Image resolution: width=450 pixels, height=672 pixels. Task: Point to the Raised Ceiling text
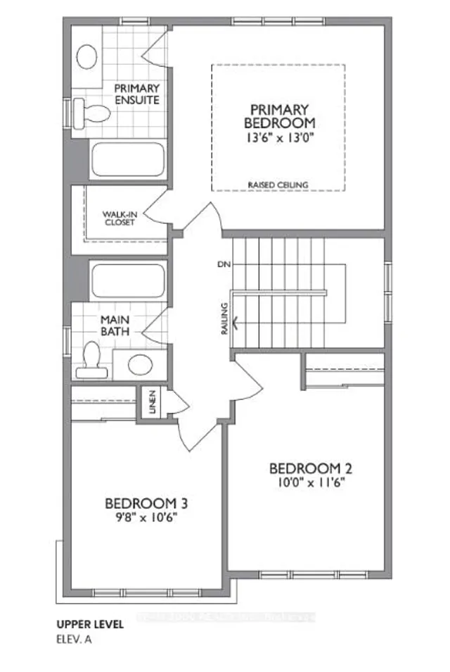(x=278, y=185)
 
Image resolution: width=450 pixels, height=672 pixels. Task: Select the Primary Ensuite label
(x=137, y=94)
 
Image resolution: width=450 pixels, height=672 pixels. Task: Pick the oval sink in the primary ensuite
(x=87, y=56)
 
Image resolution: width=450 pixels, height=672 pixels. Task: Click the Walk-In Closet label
(x=119, y=218)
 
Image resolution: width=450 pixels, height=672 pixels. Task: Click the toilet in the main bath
(x=92, y=358)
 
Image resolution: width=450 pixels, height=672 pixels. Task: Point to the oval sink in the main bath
(x=140, y=364)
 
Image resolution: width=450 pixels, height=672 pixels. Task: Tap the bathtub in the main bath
(x=127, y=279)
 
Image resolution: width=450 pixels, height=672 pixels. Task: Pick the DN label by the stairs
(x=225, y=264)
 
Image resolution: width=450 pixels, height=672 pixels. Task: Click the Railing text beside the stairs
(x=224, y=318)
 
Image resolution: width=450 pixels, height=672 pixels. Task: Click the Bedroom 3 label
(x=146, y=504)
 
